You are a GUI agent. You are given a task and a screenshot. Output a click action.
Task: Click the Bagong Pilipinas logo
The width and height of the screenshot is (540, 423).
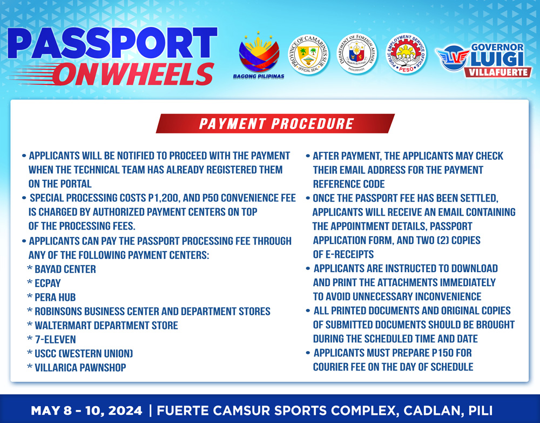click(259, 55)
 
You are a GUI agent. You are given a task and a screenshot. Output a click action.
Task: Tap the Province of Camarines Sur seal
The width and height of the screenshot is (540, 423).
click(308, 55)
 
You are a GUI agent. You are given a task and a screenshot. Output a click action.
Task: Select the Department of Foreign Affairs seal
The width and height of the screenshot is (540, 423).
click(356, 53)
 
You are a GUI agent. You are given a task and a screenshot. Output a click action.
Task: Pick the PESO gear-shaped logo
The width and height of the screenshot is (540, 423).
click(406, 53)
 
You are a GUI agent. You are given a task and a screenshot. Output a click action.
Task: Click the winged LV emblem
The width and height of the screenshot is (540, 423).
click(453, 57)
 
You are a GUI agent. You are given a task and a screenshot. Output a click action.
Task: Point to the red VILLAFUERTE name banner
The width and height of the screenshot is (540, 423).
click(497, 72)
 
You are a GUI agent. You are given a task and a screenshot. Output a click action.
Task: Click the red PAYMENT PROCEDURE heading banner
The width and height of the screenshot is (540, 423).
click(275, 123)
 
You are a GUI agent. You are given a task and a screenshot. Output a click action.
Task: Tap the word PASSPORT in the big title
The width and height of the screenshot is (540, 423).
click(112, 43)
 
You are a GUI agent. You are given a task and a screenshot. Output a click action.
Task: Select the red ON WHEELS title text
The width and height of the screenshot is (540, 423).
click(133, 74)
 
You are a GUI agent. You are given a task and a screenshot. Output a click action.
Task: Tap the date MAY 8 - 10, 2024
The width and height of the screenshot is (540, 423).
click(86, 411)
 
